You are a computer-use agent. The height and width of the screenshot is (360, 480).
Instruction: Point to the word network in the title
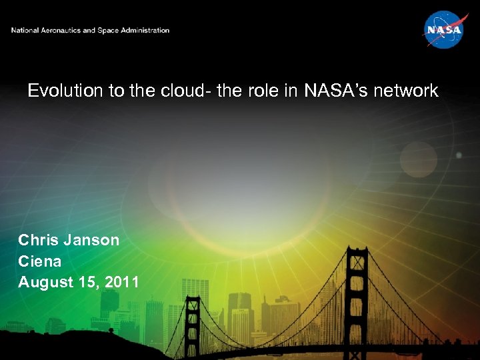click(x=407, y=91)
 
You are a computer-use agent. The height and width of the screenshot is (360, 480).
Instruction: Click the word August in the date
click(x=43, y=282)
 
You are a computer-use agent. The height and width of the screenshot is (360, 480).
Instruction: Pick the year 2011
click(x=121, y=282)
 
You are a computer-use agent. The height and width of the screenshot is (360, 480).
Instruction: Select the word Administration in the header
click(x=143, y=31)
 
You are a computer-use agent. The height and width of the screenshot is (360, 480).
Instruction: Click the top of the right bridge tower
click(x=357, y=250)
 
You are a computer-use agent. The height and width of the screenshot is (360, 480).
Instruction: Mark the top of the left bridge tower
click(x=192, y=300)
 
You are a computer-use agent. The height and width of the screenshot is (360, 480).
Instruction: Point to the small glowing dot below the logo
click(x=458, y=155)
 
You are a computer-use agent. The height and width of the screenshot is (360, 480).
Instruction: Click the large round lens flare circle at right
click(x=418, y=159)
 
